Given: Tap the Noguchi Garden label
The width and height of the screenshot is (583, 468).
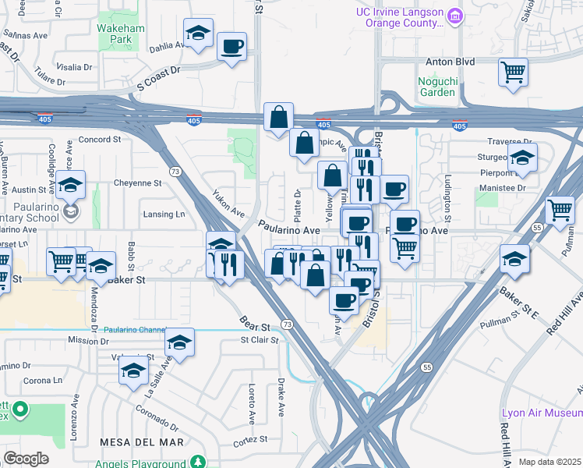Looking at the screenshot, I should (x=437, y=86).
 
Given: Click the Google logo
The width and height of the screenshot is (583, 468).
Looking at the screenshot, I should (x=26, y=458).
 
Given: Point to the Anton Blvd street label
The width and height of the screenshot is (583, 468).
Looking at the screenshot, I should (x=450, y=62).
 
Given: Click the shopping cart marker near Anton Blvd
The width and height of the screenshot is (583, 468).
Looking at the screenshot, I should (x=513, y=73).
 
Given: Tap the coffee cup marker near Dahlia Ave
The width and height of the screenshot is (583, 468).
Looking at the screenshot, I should (x=231, y=47).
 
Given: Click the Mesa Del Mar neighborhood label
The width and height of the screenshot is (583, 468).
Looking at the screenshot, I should (x=142, y=441).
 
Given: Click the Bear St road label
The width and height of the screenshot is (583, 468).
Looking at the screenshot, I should (x=255, y=324).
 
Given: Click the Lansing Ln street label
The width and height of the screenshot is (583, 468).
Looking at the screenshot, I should (x=164, y=214).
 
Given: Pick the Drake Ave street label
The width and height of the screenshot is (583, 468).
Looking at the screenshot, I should (x=280, y=396).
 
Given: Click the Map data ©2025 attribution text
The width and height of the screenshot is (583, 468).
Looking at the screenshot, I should (x=549, y=462).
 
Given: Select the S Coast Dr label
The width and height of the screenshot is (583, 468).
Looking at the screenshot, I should (x=158, y=76).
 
